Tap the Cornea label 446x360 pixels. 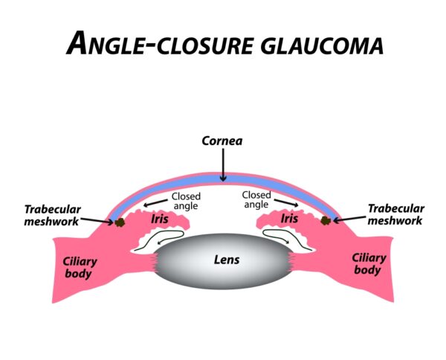223,139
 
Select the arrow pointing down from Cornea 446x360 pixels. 223,164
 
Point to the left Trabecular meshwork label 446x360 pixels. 51,214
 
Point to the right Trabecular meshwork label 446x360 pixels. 395,214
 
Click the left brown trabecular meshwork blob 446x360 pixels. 119,222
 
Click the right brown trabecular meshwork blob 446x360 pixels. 326,221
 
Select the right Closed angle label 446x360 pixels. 256,199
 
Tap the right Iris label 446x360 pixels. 289,220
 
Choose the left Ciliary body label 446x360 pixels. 77,266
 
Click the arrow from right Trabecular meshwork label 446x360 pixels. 349,219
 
